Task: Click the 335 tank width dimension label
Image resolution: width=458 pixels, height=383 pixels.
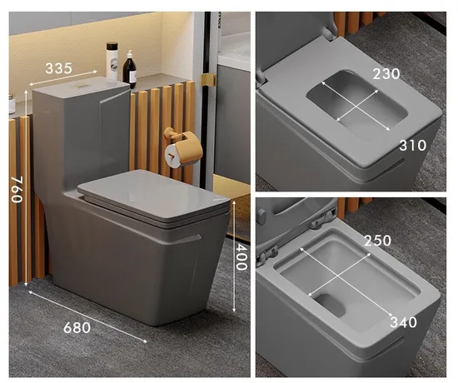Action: point(58,68)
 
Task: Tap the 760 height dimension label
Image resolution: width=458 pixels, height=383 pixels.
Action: point(17,190)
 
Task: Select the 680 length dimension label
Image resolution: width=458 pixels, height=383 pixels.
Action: point(77,328)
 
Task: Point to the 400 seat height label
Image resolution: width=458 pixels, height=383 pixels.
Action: point(241,256)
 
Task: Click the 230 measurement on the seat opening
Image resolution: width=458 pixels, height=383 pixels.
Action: point(386,73)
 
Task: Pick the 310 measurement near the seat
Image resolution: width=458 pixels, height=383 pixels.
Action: point(413,145)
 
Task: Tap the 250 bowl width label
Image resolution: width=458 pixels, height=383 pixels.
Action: point(378,241)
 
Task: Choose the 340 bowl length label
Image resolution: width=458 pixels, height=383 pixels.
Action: point(403,322)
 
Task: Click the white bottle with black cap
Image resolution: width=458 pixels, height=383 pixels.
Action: point(112,61)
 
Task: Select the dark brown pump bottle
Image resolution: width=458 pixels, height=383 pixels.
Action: point(129,69)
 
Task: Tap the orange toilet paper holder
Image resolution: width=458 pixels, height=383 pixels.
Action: point(183,149)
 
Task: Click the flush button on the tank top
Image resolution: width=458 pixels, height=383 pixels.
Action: point(81,86)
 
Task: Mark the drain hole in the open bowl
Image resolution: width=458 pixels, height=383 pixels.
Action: point(331,305)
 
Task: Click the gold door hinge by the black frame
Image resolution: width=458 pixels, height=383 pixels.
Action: point(207,79)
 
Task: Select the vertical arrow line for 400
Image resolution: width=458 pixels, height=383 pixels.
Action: point(234,256)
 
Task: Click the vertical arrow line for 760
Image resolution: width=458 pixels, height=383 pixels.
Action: point(26,188)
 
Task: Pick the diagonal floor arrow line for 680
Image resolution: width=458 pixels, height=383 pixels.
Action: point(87,316)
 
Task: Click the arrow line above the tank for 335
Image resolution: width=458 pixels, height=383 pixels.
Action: point(63,77)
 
